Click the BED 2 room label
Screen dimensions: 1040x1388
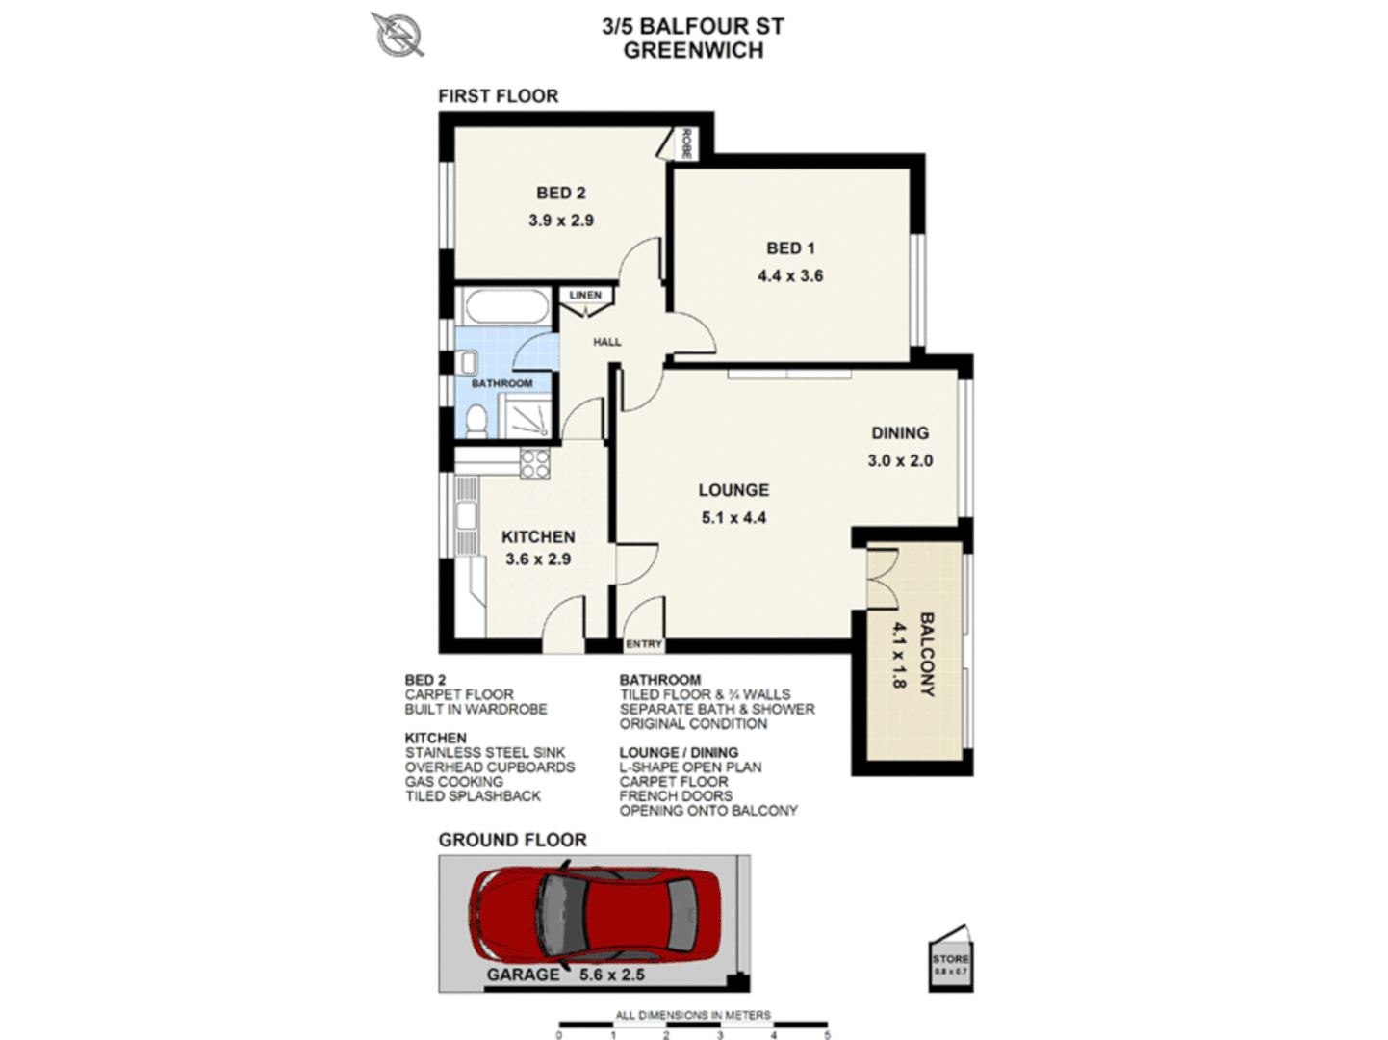coord(560,194)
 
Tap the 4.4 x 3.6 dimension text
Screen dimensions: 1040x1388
coord(789,275)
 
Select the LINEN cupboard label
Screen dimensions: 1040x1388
coord(585,296)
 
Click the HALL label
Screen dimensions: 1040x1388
coord(606,342)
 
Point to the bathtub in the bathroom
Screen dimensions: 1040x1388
coord(505,307)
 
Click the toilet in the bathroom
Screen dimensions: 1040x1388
coord(476,421)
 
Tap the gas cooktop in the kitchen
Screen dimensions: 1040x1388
coord(534,463)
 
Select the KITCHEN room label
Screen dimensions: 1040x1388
coord(538,536)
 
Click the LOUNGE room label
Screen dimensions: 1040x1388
coord(733,490)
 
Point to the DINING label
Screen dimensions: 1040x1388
coord(900,433)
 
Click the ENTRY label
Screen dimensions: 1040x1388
coord(644,644)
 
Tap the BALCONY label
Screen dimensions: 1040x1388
coord(926,654)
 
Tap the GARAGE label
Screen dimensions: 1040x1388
coord(523,975)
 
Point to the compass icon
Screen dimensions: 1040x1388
coord(398,34)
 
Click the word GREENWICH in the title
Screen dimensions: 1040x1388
coord(693,51)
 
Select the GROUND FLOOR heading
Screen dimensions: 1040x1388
coord(512,840)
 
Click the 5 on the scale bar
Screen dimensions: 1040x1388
coord(827,1034)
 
